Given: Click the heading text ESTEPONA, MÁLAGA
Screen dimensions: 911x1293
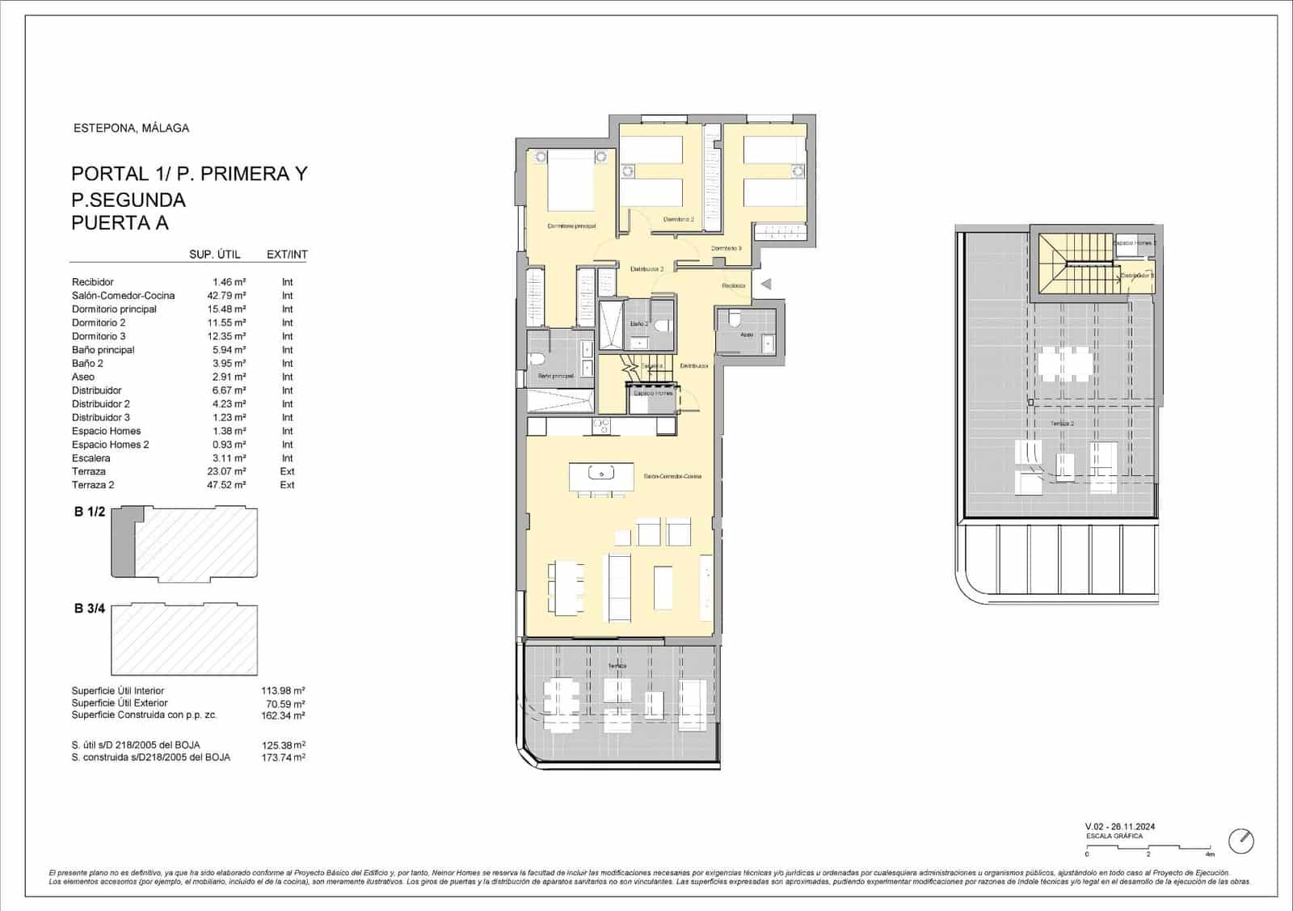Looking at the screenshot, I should click(131, 128).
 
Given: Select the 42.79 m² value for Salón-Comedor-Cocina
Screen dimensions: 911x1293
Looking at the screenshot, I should click(226, 296).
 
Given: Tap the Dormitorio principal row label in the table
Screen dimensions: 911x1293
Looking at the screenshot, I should click(114, 310).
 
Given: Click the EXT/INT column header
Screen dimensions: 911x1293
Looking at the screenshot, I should click(287, 255).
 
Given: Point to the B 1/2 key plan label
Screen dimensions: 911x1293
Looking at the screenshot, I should click(90, 512).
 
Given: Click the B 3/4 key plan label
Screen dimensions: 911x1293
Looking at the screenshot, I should click(90, 609).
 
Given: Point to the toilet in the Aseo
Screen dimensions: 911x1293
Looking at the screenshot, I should click(735, 318).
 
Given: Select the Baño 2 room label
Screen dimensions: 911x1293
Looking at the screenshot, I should click(639, 323).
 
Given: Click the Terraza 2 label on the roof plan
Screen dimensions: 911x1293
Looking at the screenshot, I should click(1062, 424).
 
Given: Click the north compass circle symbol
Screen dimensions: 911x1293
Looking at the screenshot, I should click(1241, 841).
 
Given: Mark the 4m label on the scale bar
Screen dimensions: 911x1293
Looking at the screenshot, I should click(1209, 854).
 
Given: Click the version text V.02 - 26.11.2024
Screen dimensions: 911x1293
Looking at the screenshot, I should click(1119, 826).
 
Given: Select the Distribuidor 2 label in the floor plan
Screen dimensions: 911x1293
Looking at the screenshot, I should click(646, 269).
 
